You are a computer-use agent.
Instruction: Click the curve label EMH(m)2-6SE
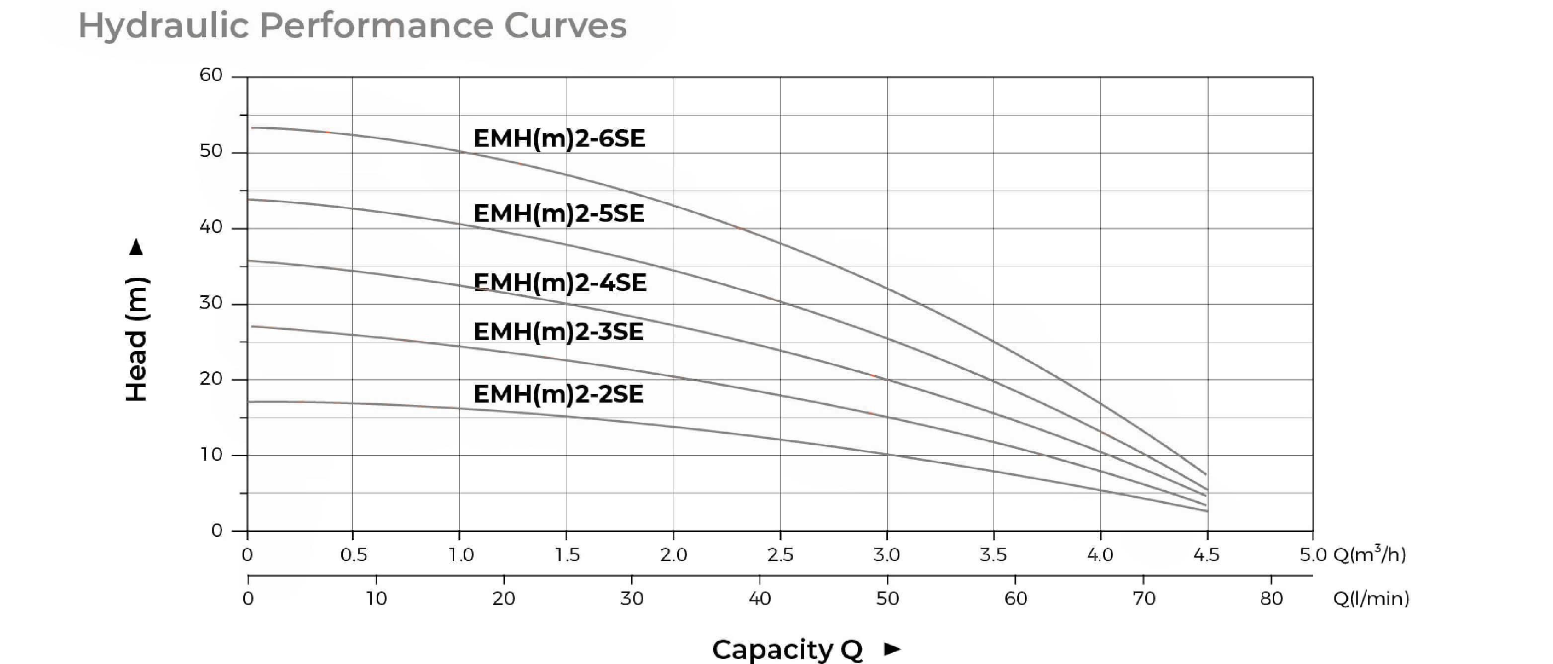(x=559, y=139)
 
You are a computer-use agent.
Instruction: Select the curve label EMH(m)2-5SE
(x=559, y=214)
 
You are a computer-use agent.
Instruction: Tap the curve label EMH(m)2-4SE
(x=560, y=283)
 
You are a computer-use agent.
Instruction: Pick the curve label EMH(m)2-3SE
(x=558, y=332)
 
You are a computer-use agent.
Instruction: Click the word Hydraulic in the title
(x=163, y=26)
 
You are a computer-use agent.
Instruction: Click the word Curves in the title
(x=565, y=26)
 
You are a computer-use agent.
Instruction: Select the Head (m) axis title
(x=137, y=339)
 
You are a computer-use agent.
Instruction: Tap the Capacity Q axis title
(x=787, y=650)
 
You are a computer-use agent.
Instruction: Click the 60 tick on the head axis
(x=211, y=76)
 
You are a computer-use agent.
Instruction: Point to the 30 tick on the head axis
(x=211, y=303)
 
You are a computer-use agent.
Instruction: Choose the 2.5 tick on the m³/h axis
(x=780, y=554)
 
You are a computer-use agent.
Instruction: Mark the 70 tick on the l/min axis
(x=1144, y=598)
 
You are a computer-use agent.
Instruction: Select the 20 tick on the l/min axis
(x=504, y=598)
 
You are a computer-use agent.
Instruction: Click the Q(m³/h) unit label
(x=1370, y=554)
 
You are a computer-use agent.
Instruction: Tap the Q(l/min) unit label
(x=1371, y=598)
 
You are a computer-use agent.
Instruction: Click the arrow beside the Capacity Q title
(x=892, y=649)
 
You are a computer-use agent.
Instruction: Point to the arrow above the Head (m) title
(x=137, y=248)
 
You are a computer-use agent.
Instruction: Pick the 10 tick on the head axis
(x=211, y=454)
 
